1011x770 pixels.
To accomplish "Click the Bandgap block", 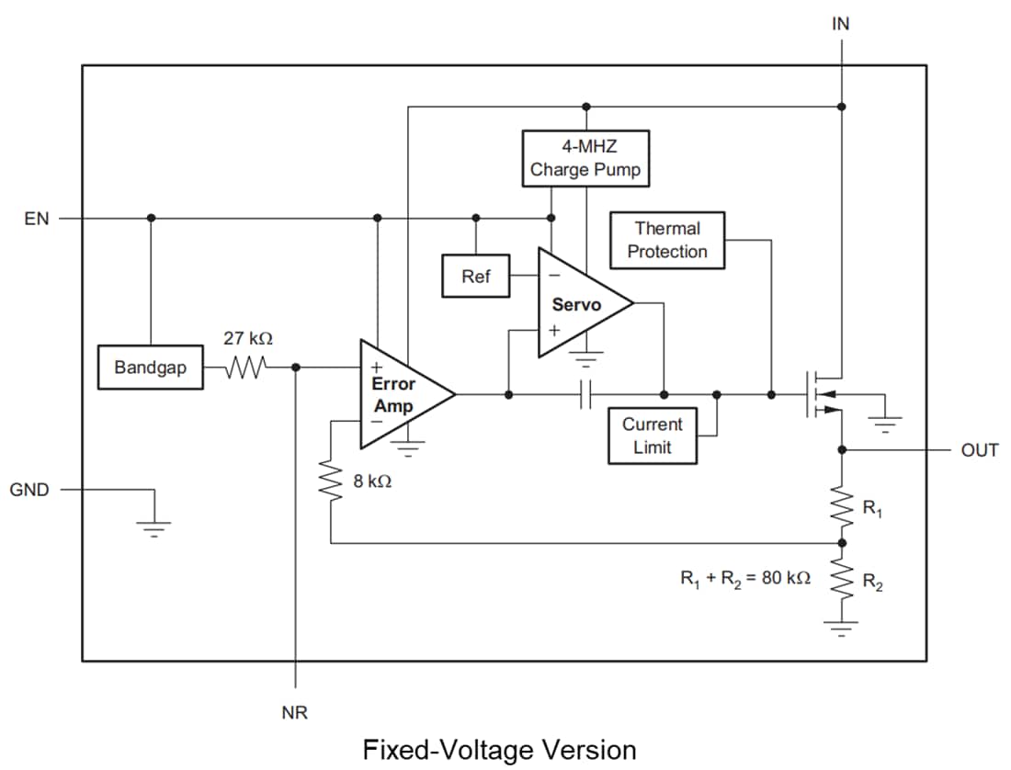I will click(150, 368).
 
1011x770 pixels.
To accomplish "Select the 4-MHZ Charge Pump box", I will click(585, 158).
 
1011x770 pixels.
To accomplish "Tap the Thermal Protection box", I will click(667, 241).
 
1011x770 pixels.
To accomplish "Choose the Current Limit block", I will click(652, 436).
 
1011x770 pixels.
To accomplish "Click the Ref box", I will click(475, 277).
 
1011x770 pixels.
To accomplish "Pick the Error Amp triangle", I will click(400, 395).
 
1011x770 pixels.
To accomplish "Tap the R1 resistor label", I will click(870, 507).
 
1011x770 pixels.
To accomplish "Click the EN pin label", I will click(38, 219).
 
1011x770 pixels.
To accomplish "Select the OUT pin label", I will click(979, 451).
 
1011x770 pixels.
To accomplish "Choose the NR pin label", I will click(295, 712).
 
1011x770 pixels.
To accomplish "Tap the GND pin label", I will click(29, 490).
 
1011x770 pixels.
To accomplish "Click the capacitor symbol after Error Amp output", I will click(586, 395).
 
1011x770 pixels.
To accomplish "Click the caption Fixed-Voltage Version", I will click(499, 749).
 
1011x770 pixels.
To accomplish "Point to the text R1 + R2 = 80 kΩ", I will click(744, 579).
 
